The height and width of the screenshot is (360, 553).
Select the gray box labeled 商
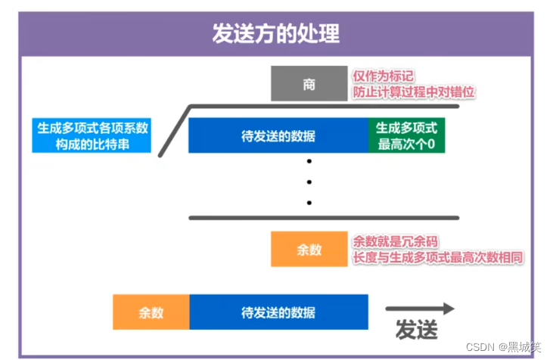click(x=309, y=84)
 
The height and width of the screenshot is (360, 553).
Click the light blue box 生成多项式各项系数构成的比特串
click(x=92, y=135)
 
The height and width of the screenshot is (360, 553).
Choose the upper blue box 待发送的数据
click(x=278, y=136)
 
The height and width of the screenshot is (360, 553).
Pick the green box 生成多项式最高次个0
click(x=406, y=136)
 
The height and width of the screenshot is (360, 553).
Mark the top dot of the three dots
click(x=309, y=162)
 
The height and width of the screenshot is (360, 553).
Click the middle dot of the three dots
click(x=309, y=182)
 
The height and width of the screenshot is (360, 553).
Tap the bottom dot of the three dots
click(x=309, y=202)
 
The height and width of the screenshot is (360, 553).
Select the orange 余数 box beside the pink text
click(x=309, y=249)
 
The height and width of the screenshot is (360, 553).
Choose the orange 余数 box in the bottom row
click(x=151, y=312)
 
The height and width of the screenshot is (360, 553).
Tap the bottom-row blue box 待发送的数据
click(x=278, y=312)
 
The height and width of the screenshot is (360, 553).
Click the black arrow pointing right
click(x=420, y=308)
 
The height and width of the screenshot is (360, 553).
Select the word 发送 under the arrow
click(x=417, y=331)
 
